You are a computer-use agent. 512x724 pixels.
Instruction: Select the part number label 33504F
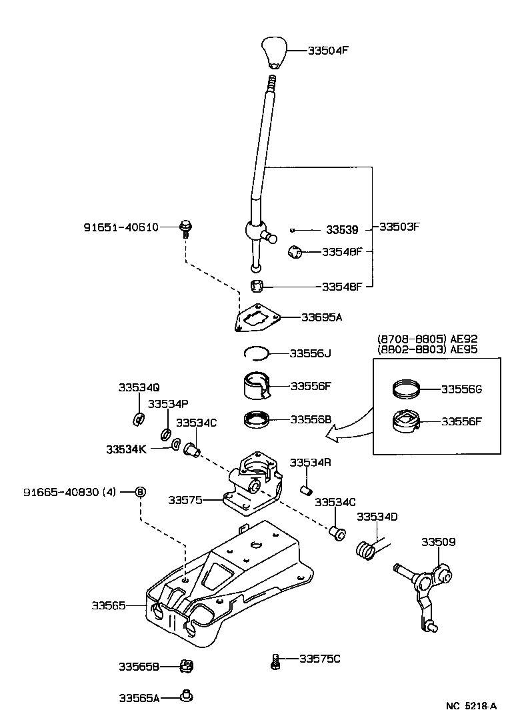click(x=328, y=50)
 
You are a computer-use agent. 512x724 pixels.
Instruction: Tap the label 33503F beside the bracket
click(x=399, y=226)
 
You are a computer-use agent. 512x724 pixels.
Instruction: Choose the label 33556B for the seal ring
click(x=311, y=419)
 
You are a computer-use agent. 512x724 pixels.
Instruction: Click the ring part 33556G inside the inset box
click(x=406, y=387)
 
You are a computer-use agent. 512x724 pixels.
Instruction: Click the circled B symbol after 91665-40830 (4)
click(x=141, y=492)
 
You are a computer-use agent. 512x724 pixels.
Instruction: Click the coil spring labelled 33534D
click(x=365, y=550)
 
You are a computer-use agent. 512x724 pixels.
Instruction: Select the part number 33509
click(x=438, y=542)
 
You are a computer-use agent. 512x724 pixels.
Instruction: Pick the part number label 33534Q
click(x=139, y=387)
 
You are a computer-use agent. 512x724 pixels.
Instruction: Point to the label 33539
click(x=342, y=230)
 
